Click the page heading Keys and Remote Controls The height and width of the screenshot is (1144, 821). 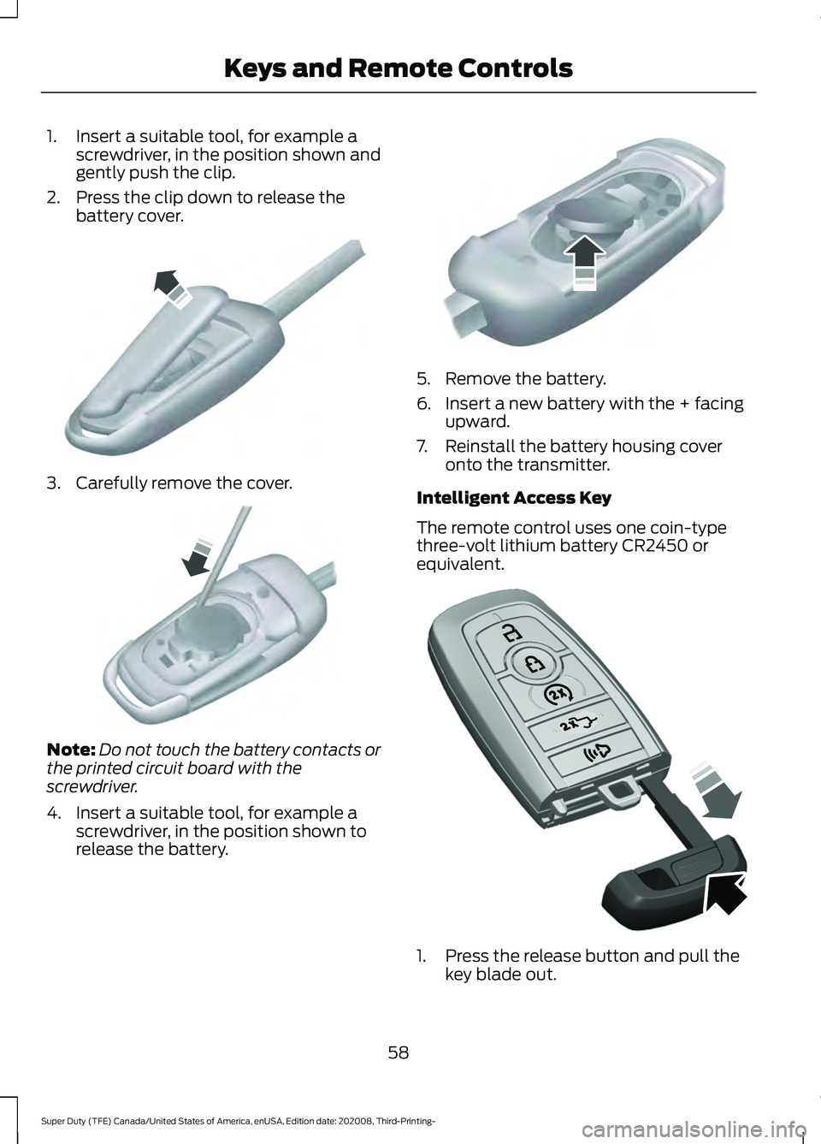(x=398, y=68)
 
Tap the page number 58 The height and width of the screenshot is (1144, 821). (x=399, y=1052)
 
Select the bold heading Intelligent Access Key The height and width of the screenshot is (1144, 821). (x=513, y=498)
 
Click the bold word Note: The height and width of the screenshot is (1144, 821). (x=71, y=750)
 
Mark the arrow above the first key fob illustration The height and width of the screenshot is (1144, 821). (x=171, y=287)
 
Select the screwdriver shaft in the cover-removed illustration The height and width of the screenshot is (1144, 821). (x=227, y=556)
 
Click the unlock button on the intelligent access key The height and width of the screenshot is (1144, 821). (x=511, y=633)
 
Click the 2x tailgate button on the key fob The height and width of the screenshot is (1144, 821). (x=579, y=724)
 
